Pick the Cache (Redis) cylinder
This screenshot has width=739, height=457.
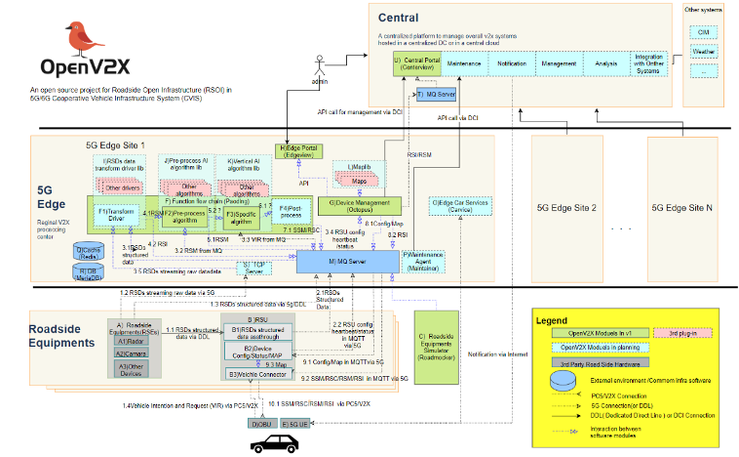point(90,252)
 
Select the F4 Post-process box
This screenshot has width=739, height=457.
point(292,209)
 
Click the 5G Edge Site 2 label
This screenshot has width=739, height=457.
point(566,208)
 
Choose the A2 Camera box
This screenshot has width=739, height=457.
point(132,353)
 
